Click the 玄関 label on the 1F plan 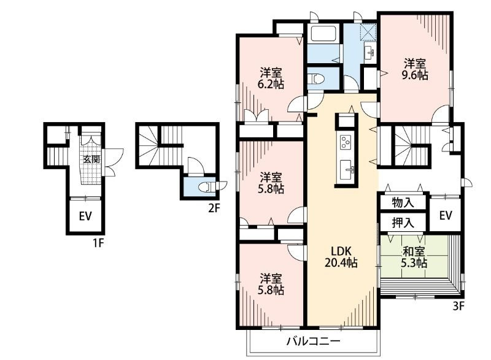point(91,159)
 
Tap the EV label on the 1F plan point(85,216)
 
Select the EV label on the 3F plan point(446,215)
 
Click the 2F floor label point(214,208)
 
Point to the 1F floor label point(98,243)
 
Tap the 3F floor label point(458,306)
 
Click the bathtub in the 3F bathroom point(323,34)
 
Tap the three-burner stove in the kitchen point(346,142)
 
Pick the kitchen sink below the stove point(347,170)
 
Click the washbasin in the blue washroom point(369,53)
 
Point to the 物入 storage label point(403,202)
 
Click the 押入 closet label point(403,223)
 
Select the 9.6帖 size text point(415,75)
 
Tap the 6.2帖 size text point(271,84)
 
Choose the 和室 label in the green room point(414,251)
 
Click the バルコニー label point(314,340)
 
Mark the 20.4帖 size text point(341,263)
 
